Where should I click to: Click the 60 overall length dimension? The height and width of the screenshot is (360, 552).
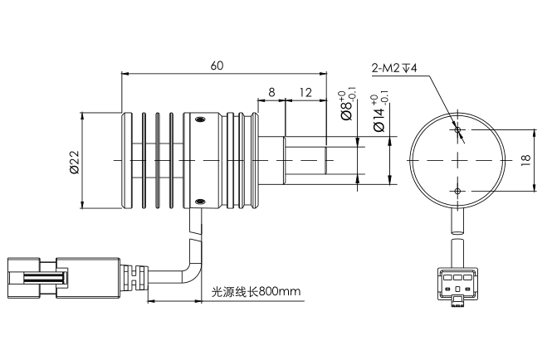[x=217, y=64]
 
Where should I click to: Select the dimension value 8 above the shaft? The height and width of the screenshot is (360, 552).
[x=271, y=91]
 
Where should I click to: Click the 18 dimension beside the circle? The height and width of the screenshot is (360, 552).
[x=525, y=159]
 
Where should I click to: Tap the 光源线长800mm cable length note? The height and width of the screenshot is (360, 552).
[x=256, y=292]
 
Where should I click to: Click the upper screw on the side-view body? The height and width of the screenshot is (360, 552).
[x=199, y=121]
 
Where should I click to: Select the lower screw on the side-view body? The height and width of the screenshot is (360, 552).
[x=199, y=199]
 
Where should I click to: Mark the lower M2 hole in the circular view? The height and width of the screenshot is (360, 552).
[x=458, y=190]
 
